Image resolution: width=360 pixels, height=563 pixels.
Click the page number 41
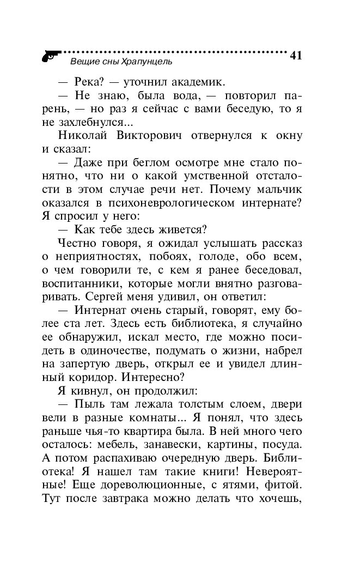[x=296, y=56]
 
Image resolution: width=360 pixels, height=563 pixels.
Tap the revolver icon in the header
[x=50, y=55]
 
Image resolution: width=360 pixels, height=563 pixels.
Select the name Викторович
[x=146, y=135]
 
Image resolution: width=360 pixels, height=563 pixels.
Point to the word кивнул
[x=85, y=391]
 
